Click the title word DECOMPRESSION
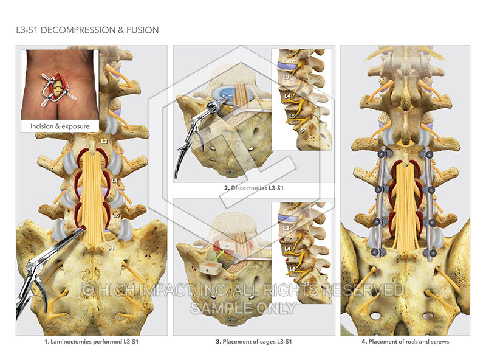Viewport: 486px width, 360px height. (80, 30)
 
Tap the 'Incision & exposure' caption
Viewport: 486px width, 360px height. (60, 126)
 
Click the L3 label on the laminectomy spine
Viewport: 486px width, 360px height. (104, 141)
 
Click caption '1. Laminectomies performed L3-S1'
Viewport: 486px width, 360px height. (91, 342)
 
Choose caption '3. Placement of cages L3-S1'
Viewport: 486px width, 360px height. (253, 342)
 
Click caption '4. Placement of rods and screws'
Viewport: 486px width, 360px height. (405, 342)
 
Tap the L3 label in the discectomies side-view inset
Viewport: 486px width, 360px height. (287, 77)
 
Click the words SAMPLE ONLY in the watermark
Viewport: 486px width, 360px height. (243, 307)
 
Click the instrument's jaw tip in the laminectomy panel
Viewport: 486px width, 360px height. (81, 233)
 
